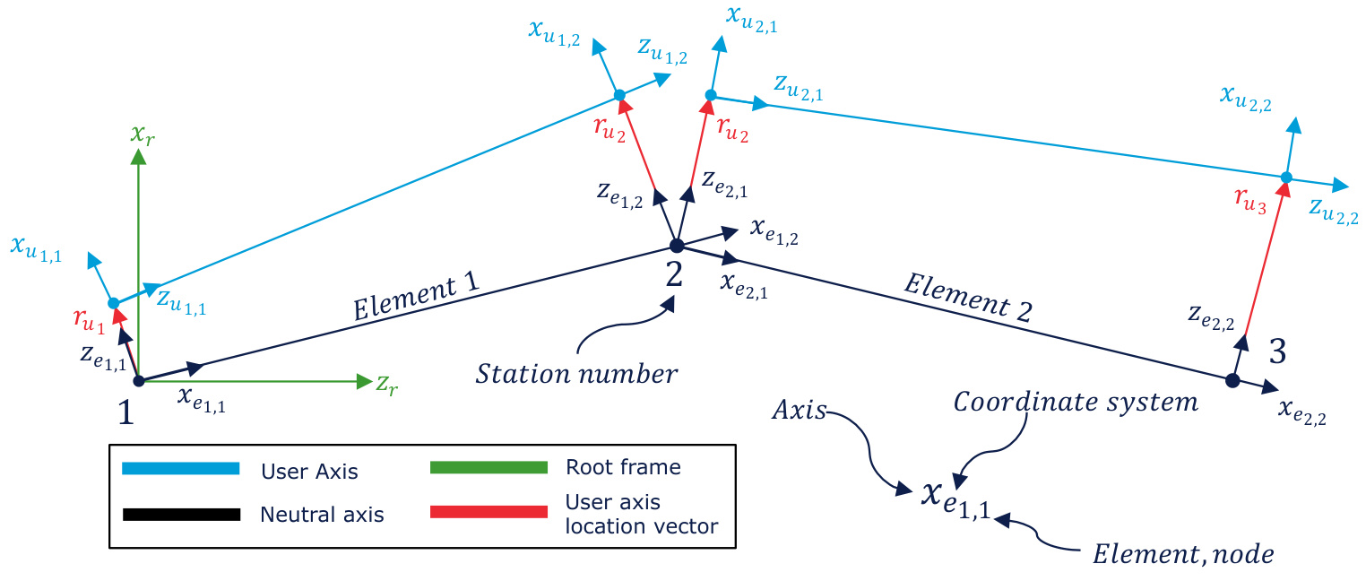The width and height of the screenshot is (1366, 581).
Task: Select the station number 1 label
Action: click(125, 412)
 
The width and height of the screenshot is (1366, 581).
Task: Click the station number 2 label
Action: click(673, 273)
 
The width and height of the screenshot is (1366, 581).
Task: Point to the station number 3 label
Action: click(1277, 352)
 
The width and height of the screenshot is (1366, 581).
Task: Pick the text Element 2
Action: click(967, 298)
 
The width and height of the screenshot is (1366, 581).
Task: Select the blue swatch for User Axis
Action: click(180, 468)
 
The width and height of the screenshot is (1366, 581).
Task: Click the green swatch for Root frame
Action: click(488, 467)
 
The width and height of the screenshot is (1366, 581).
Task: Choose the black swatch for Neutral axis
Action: click(180, 514)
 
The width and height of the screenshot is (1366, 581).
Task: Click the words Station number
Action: click(576, 373)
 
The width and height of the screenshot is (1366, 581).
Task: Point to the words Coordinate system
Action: click(1075, 402)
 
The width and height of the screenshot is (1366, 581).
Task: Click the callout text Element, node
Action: click(1182, 554)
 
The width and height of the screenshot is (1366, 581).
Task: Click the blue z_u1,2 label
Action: click(662, 51)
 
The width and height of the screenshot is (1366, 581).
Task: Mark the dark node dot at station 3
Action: click(1232, 381)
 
